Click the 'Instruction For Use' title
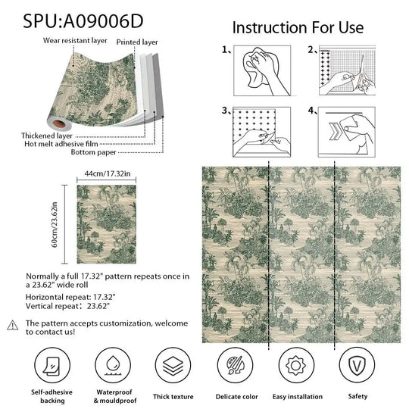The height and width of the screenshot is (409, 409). pos(298,27)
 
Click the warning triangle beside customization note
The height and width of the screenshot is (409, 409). pos(12,324)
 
